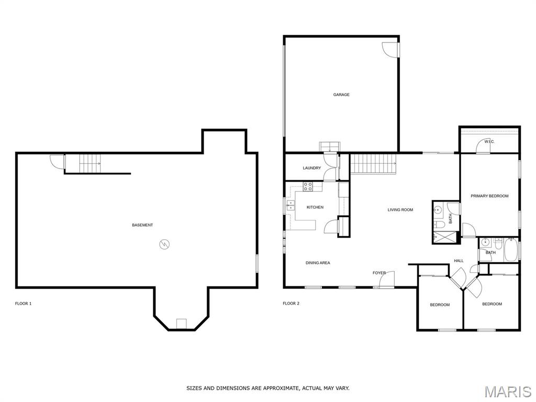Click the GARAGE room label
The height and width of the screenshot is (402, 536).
[341, 95]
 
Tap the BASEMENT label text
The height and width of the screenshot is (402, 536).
[142, 225]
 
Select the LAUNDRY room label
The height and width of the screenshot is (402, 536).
[311, 168]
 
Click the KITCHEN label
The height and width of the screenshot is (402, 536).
[315, 207]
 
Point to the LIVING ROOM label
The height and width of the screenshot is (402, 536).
[400, 210]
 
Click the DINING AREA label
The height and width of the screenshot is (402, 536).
[318, 263]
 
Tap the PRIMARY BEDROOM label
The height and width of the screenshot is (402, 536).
[489, 196]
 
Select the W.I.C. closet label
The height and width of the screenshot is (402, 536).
[489, 142]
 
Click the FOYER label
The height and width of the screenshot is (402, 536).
[379, 273]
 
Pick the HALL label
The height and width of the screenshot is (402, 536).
[459, 261]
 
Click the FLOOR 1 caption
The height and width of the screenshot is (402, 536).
[23, 304]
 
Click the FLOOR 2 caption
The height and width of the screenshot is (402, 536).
[291, 304]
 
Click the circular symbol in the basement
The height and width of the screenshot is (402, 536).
[164, 244]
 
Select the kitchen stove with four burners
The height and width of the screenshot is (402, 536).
[308, 185]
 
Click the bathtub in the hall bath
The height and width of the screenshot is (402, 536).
[510, 250]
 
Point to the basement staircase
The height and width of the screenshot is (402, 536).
[90, 163]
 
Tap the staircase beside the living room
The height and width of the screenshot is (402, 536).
[373, 163]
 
